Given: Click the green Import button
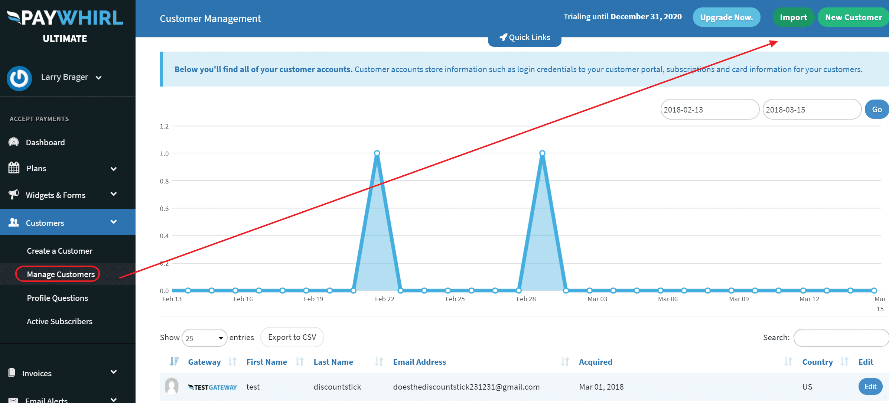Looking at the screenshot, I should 793,17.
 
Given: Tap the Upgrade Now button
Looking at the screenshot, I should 726,17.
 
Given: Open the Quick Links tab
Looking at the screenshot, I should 524,38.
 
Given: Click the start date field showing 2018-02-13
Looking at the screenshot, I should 709,110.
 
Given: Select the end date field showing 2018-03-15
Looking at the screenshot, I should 811,110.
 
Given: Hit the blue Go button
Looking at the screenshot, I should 877,110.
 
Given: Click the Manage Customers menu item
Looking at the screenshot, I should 61,274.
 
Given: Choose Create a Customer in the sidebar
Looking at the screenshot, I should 59,251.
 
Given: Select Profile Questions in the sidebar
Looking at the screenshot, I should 57,298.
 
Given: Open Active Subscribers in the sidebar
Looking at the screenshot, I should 59,322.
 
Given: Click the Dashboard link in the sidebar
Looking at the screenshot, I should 45,143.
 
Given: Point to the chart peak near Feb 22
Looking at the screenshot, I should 377,153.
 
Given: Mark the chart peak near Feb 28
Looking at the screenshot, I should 542,153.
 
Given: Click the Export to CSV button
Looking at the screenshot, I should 292,337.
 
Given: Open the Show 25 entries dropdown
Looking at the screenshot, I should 204,338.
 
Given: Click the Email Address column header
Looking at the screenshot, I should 419,362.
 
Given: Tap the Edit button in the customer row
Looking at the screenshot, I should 870,387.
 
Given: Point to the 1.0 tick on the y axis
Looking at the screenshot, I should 164,154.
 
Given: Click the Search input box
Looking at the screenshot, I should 841,338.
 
